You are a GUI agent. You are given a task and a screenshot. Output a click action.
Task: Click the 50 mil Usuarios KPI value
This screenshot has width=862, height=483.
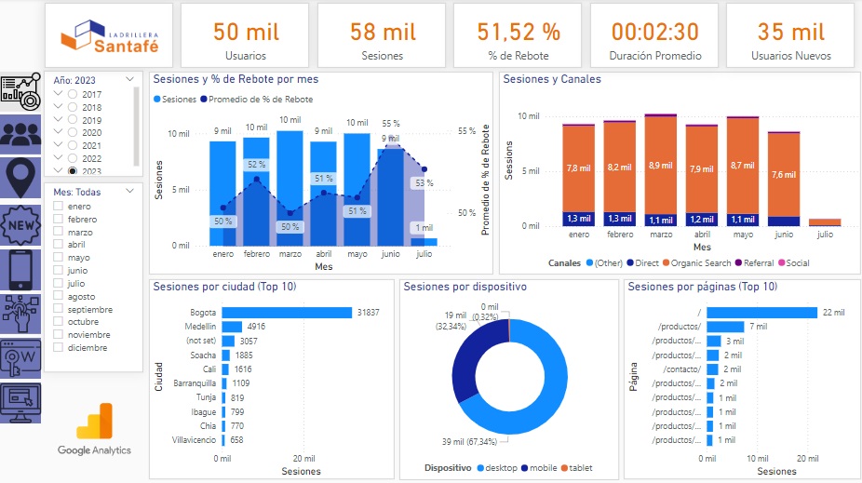[x=246, y=32]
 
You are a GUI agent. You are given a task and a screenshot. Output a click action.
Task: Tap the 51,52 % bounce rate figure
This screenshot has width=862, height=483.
[x=519, y=32]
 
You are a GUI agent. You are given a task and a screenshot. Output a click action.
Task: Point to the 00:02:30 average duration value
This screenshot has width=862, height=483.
[x=654, y=32]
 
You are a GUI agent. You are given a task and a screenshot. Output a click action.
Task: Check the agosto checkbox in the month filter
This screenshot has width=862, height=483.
[x=59, y=296]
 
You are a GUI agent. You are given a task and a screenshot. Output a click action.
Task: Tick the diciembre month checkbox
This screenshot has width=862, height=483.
[x=59, y=348]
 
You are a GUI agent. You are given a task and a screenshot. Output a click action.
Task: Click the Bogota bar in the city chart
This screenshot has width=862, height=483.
[x=287, y=313]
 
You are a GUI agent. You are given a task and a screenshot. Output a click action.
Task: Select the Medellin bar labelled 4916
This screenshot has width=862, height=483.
[x=232, y=327]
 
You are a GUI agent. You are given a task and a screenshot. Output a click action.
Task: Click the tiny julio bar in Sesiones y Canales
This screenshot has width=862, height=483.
[x=825, y=222]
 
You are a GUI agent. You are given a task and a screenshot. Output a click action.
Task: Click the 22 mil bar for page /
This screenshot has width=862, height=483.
[x=761, y=313]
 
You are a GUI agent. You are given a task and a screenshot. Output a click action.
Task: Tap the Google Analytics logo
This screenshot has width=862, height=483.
[x=94, y=430]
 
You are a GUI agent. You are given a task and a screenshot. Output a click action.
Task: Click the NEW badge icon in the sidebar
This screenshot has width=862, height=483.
[x=20, y=224]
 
